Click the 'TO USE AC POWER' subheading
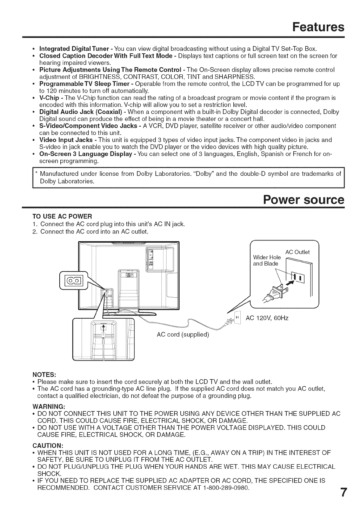[x=62, y=216]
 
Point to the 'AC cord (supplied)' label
[x=182, y=334]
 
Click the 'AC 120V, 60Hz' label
[x=267, y=318]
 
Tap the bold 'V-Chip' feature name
[x=50, y=97]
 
